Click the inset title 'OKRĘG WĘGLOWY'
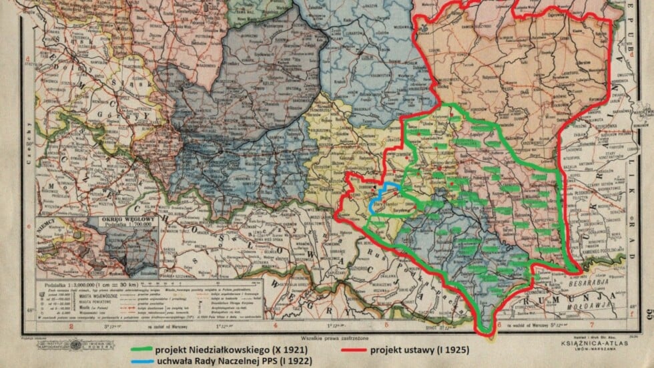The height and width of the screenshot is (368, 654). pyautogui.click(x=126, y=218)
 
